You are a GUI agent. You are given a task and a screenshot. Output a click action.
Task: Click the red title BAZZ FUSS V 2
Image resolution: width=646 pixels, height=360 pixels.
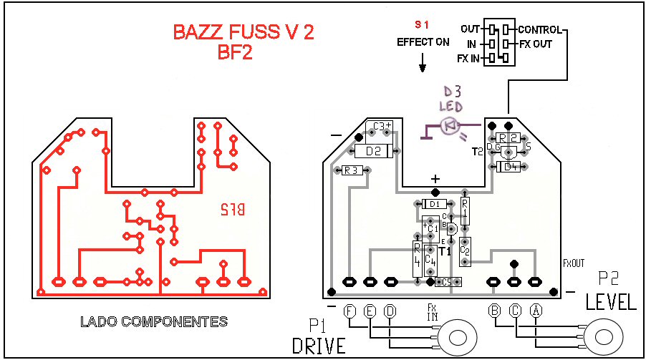pyautogui.click(x=244, y=33)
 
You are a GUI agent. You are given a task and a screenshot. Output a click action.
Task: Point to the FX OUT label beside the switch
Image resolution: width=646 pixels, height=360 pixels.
pyautogui.click(x=536, y=44)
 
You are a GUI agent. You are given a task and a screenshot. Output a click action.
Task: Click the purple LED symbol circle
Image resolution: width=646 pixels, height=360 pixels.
pyautogui.click(x=450, y=127)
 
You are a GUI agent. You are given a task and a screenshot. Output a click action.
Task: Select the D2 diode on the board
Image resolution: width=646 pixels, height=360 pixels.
pyautogui.click(x=373, y=151)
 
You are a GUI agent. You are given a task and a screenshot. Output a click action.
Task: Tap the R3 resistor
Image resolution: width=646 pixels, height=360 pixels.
pyautogui.click(x=351, y=170)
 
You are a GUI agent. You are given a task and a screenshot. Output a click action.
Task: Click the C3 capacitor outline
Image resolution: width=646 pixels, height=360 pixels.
pyautogui.click(x=379, y=127)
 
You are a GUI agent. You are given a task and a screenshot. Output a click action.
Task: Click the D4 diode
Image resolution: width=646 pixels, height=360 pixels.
pyautogui.click(x=510, y=167)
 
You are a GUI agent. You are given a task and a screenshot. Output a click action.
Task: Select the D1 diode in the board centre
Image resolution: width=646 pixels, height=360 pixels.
pyautogui.click(x=434, y=204)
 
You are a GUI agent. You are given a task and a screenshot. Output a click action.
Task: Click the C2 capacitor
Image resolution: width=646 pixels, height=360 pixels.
pyautogui.click(x=465, y=250)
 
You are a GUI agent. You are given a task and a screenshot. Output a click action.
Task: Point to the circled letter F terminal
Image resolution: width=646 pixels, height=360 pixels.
pyautogui.click(x=349, y=311)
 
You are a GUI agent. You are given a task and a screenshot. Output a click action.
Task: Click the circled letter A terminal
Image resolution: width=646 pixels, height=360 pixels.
pyautogui.click(x=535, y=311)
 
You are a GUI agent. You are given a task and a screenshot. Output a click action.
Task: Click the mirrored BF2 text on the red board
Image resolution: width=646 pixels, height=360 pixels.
pyautogui.click(x=232, y=210)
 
